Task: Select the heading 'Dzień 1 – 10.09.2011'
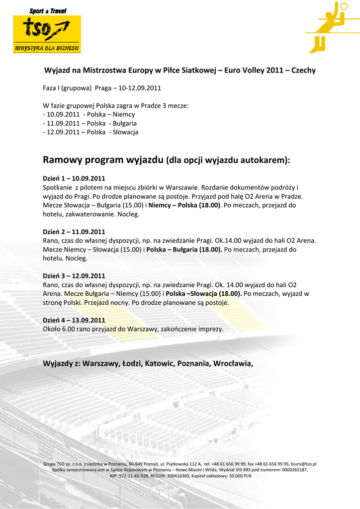pyautogui.click(x=74, y=178)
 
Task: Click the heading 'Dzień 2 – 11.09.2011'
pyautogui.click(x=74, y=231)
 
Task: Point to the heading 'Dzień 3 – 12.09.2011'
pyautogui.click(x=74, y=276)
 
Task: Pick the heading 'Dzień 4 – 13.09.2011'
pyautogui.click(x=74, y=320)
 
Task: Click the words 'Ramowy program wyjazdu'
pyautogui.click(x=103, y=160)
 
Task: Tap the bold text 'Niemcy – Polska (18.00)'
pyautogui.click(x=184, y=205)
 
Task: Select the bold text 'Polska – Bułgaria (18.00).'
pyautogui.click(x=184, y=250)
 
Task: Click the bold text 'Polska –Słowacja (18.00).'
pyautogui.click(x=204, y=294)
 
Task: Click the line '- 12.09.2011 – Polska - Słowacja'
pyautogui.click(x=91, y=132)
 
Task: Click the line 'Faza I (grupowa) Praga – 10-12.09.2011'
pyautogui.click(x=102, y=88)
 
